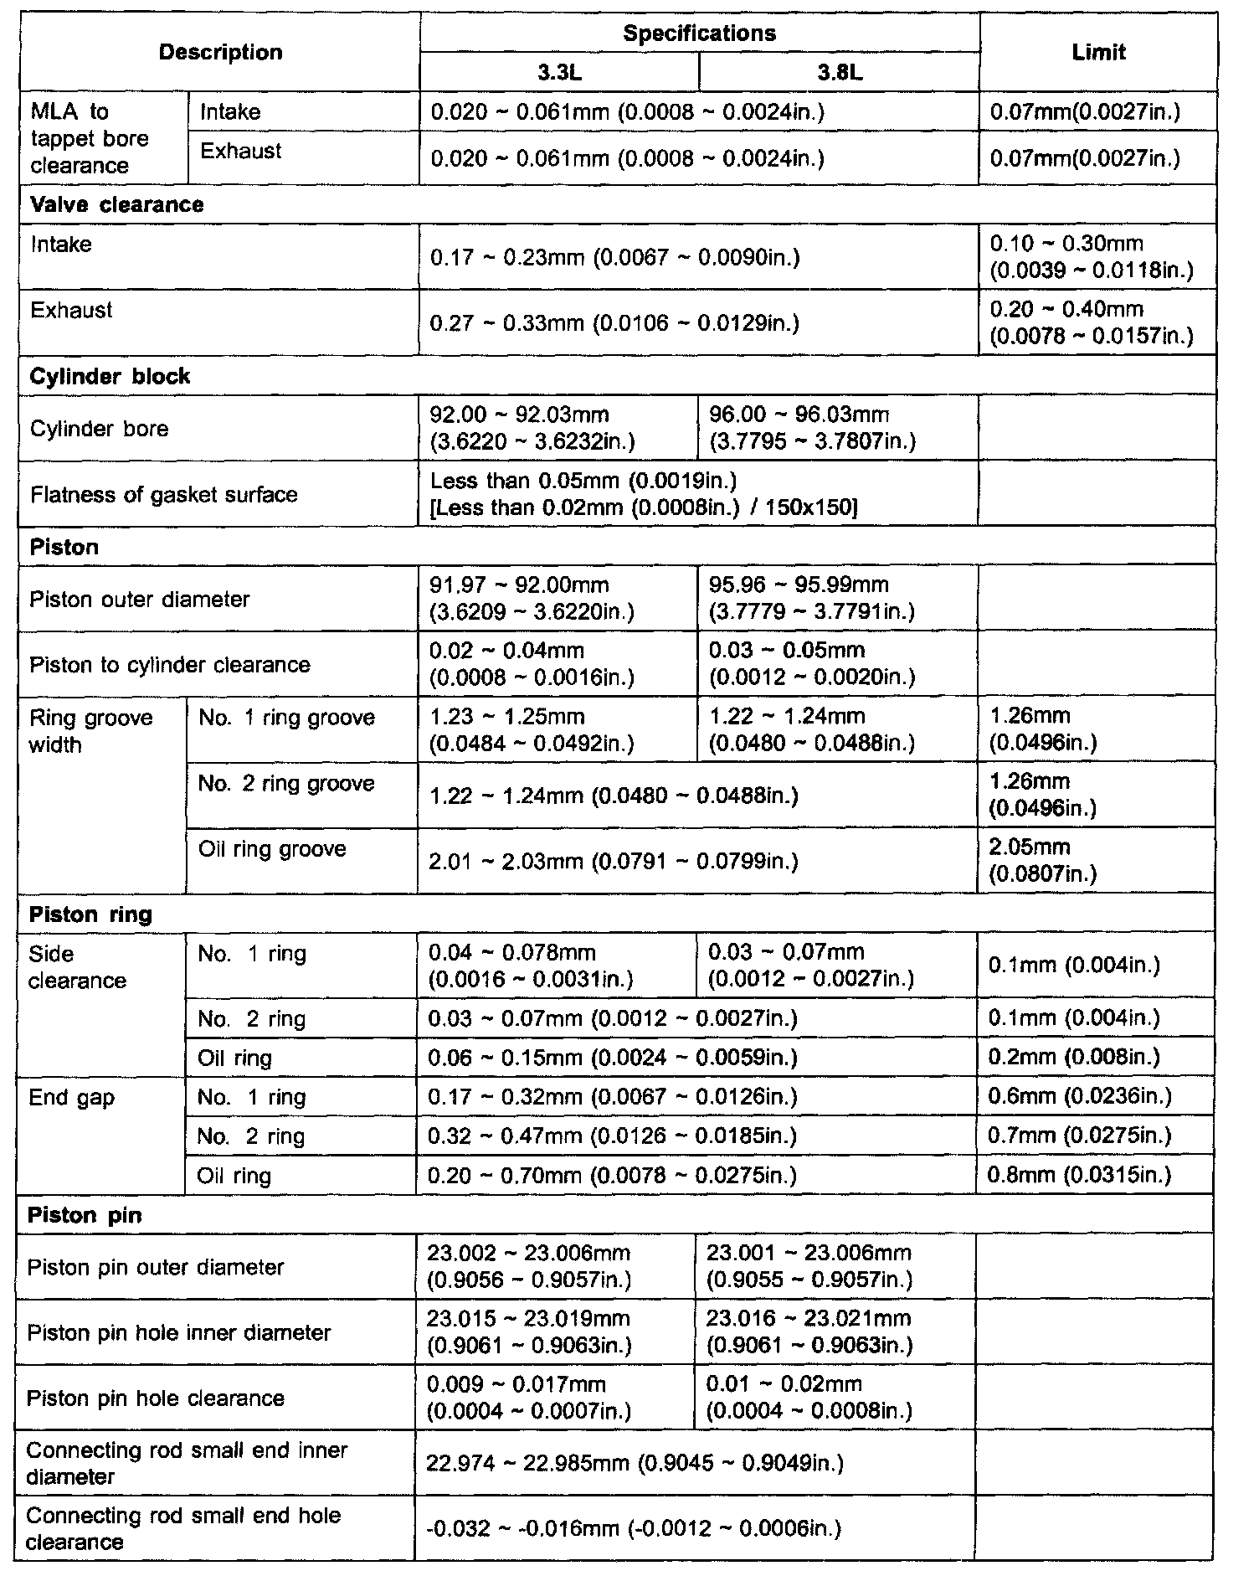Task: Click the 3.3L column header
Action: tap(559, 72)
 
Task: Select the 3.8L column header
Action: tap(839, 72)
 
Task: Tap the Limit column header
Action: tap(1098, 53)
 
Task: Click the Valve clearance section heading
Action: tap(116, 205)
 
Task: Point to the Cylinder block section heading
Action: tap(110, 377)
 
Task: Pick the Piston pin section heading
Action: tap(85, 1215)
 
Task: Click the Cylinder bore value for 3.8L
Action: tap(812, 428)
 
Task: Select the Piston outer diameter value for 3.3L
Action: tap(532, 599)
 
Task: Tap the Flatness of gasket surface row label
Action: tap(163, 494)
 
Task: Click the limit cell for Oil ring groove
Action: tap(1042, 861)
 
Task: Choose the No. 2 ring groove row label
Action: tap(286, 784)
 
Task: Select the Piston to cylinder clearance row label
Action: tap(169, 665)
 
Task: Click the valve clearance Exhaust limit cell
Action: tap(1091, 323)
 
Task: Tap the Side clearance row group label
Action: tap(77, 967)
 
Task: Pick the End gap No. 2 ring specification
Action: tap(612, 1136)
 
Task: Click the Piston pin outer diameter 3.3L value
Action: tap(529, 1266)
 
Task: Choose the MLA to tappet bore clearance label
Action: tap(90, 138)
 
